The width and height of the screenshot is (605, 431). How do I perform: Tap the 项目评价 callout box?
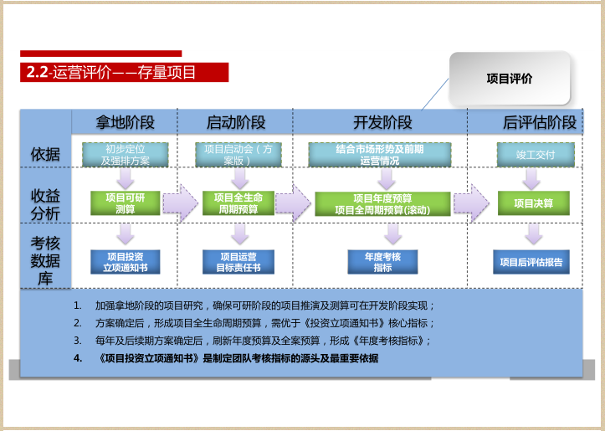coord(510,79)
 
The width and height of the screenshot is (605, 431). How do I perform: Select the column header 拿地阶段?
coord(126,122)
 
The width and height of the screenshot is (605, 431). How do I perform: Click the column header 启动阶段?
coord(236,122)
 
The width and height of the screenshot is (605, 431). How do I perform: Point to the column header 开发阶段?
coord(382,122)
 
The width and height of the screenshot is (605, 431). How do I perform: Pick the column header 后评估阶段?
coord(540,122)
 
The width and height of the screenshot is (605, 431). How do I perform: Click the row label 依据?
coord(45,154)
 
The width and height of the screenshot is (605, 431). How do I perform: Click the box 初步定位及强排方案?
coord(126,155)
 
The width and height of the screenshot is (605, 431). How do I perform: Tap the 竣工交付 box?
coord(534,155)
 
